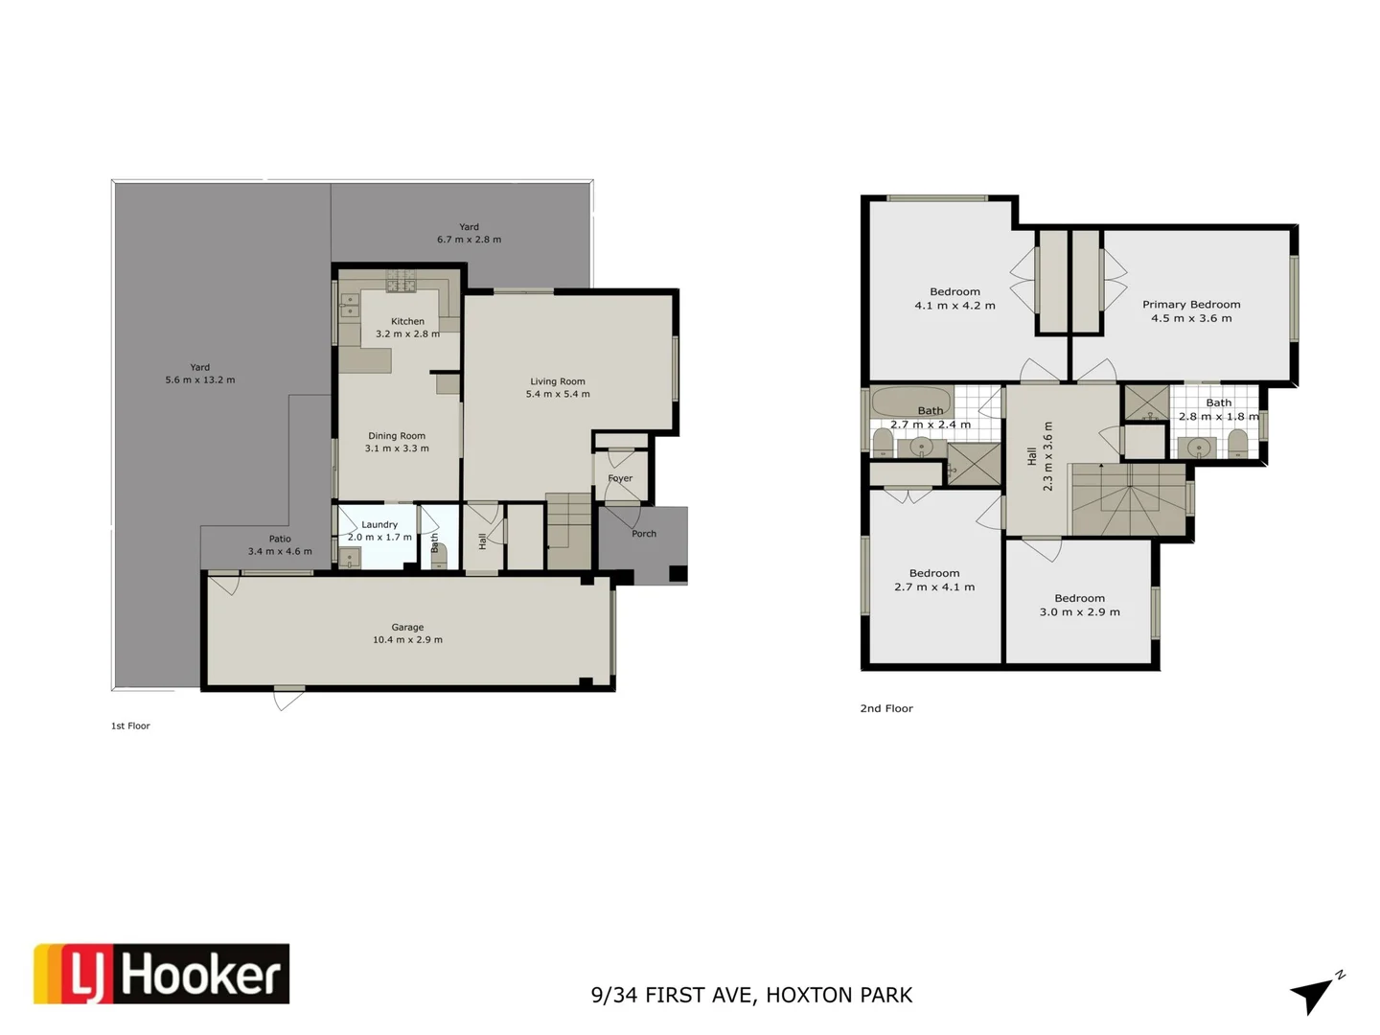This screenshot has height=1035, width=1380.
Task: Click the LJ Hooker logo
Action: coord(161,974)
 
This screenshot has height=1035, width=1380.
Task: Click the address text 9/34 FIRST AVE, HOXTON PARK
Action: coord(751,995)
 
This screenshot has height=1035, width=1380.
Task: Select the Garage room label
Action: coord(407,627)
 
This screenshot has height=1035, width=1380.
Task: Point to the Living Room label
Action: coord(558,380)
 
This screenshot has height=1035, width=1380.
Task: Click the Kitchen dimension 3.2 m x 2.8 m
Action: coord(407,334)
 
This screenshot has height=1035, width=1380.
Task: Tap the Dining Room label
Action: coord(397,435)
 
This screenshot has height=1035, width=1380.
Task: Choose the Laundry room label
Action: coord(379,524)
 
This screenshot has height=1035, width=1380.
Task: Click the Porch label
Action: coord(644,534)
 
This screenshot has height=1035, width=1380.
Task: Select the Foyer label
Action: coord(620,478)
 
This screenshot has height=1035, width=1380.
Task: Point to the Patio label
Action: coord(280,539)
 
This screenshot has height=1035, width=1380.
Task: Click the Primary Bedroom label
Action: coord(1191,304)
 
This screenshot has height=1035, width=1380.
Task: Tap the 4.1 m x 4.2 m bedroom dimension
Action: coord(954,306)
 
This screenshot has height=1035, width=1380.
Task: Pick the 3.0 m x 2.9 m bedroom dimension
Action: coord(1079,611)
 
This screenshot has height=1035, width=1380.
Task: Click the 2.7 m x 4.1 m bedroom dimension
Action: coord(934,586)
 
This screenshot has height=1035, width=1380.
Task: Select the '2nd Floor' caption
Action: coord(886,708)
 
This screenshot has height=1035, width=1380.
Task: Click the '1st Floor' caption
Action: coord(130,725)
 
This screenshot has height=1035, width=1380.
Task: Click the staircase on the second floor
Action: coord(1129,499)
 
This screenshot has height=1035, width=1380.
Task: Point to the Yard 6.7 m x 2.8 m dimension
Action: coord(469,240)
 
